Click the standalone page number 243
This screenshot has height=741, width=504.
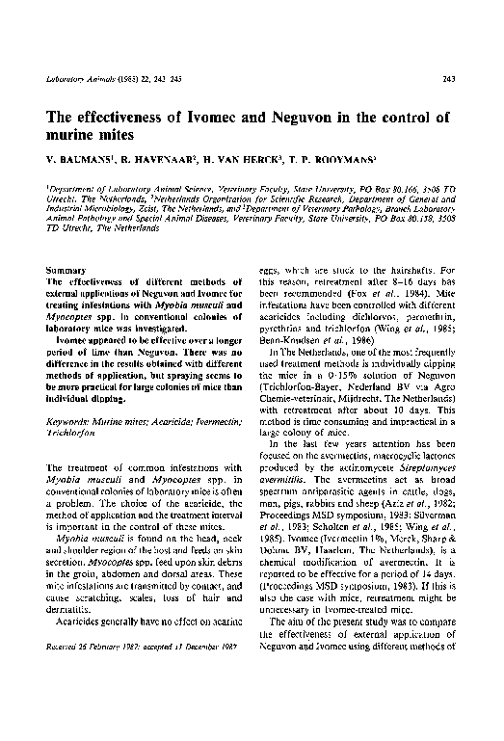448,78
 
